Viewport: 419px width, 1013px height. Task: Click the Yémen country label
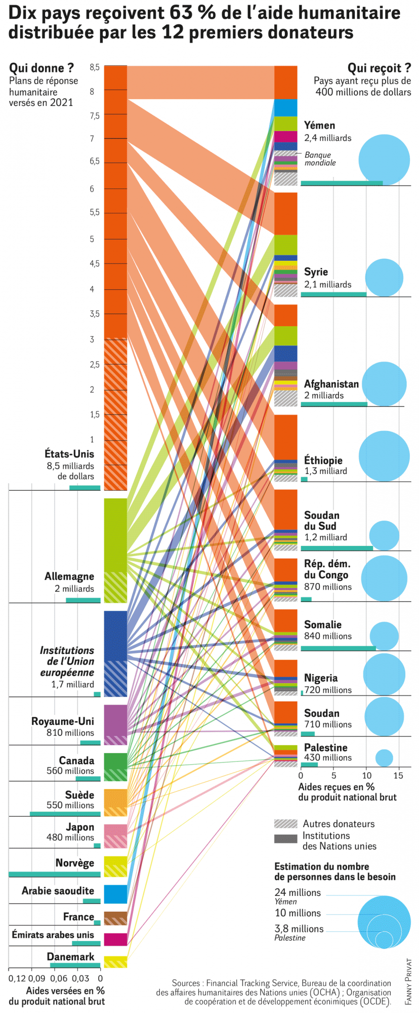[x=319, y=126]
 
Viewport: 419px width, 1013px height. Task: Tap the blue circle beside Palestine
[x=384, y=758]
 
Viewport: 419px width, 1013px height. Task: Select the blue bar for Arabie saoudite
[x=115, y=894]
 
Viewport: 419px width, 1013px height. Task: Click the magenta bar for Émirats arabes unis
[x=115, y=939]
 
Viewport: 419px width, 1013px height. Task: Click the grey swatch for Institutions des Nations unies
[x=285, y=839]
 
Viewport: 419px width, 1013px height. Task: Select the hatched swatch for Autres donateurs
[x=285, y=824]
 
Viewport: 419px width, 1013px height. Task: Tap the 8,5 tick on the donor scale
[x=95, y=67]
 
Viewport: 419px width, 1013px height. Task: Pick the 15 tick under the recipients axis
[x=398, y=775]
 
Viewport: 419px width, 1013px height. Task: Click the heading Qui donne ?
[x=41, y=68]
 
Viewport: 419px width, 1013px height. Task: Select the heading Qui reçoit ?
[x=379, y=68]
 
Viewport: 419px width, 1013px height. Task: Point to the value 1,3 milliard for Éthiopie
[x=325, y=471]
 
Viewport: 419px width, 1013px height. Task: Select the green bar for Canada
[x=115, y=767]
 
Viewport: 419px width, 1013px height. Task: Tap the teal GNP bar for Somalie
[x=338, y=648]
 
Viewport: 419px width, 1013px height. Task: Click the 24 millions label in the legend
[x=298, y=892]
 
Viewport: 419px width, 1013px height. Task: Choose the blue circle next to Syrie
[x=384, y=278]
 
